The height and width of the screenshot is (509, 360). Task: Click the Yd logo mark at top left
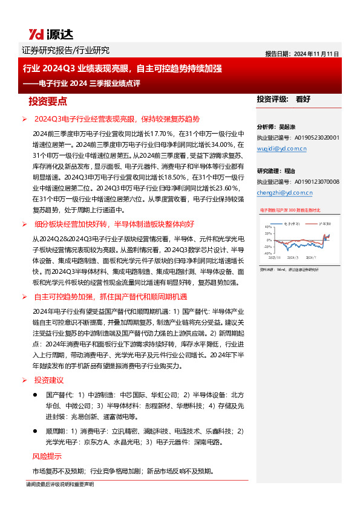coord(37,34)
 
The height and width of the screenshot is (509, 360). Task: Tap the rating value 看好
coord(303,99)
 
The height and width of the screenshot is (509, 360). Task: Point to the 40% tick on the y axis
coord(266,227)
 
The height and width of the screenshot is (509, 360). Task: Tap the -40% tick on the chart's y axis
coord(266,253)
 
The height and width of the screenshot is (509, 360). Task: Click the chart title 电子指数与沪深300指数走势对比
coord(293,210)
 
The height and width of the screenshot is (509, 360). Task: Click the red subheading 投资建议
coord(48,380)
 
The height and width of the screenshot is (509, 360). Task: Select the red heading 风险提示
coord(47,456)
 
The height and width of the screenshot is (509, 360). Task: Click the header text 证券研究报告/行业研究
coord(65,50)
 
